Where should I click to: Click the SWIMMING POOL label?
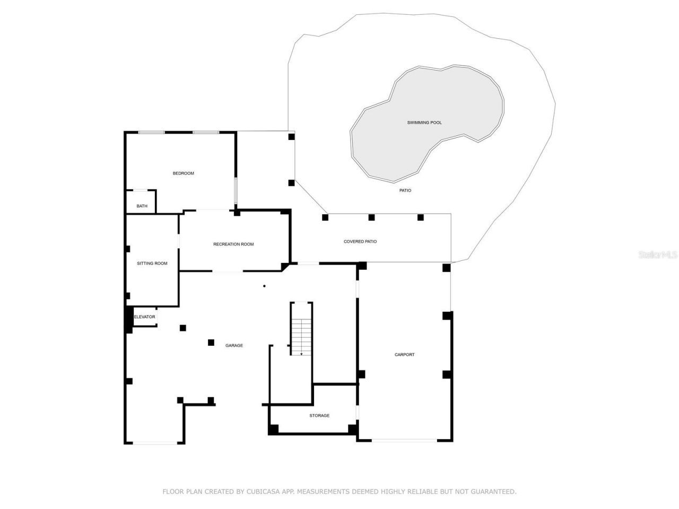(x=424, y=122)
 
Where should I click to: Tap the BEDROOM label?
(x=183, y=173)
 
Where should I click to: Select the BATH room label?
(x=142, y=206)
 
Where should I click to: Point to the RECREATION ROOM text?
(x=233, y=244)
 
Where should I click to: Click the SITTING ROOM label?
(x=152, y=264)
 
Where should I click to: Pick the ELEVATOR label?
(x=145, y=317)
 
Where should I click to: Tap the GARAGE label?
(x=234, y=346)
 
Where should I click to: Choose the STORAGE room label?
(x=319, y=416)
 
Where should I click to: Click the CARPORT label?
(x=405, y=355)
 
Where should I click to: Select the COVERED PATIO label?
(x=360, y=242)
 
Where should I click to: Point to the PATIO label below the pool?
(x=405, y=190)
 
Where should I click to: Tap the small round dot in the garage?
(x=264, y=286)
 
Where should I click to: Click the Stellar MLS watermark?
(x=658, y=255)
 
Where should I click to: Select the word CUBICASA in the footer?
(x=264, y=492)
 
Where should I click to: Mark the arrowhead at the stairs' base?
(x=301, y=354)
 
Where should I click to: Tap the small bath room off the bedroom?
(x=141, y=201)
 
